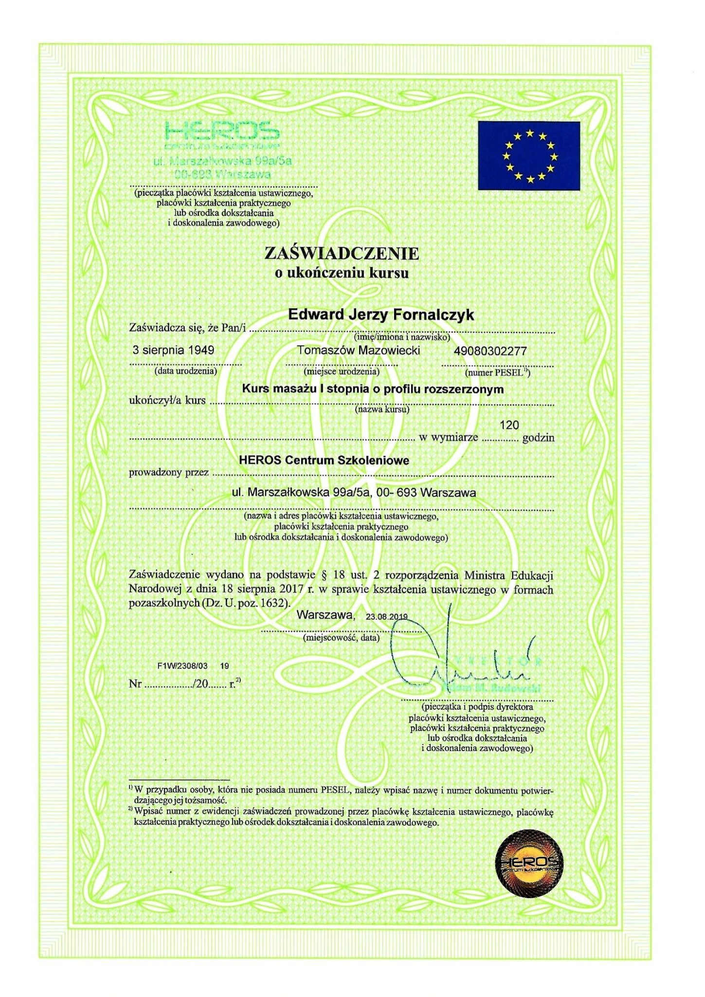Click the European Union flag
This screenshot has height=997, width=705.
click(x=528, y=155)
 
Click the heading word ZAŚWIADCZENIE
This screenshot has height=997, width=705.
click(x=341, y=254)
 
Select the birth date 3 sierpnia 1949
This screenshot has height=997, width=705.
click(x=173, y=350)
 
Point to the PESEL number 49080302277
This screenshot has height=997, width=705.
click(x=490, y=351)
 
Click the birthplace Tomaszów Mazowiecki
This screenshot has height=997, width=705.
click(x=358, y=351)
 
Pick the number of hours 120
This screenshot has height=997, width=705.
click(x=509, y=425)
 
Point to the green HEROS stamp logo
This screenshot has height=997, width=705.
click(x=222, y=131)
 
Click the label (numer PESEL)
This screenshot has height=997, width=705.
click(x=497, y=373)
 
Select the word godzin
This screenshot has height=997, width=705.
click(x=538, y=438)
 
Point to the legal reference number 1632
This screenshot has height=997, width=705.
click(x=273, y=603)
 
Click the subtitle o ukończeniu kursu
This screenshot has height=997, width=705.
click(x=342, y=273)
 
